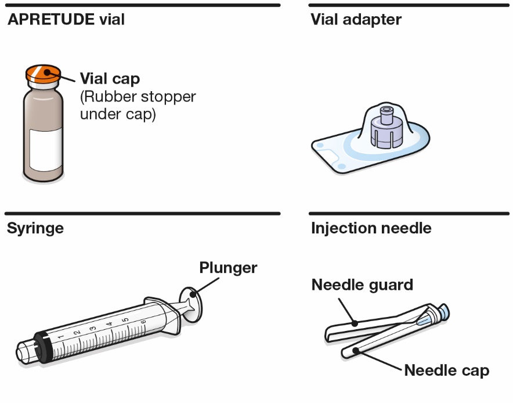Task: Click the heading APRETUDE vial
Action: (x=66, y=20)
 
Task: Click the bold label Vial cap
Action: (x=110, y=78)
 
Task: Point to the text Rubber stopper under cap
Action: (x=138, y=105)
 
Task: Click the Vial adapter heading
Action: (x=356, y=20)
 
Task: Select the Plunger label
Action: (x=228, y=268)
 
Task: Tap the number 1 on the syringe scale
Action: (x=61, y=336)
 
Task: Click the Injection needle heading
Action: (x=371, y=228)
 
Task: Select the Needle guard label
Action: (x=362, y=285)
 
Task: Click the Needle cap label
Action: (x=446, y=370)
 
